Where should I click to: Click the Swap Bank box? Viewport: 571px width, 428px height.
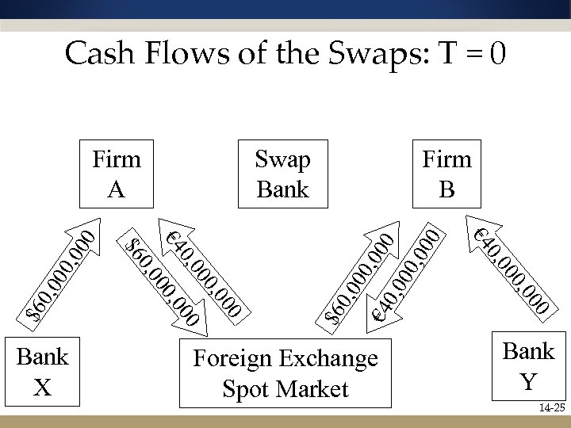coord(283,174)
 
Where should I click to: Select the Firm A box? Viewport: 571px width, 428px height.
coord(117,174)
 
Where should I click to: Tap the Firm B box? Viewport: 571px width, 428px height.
coord(447,174)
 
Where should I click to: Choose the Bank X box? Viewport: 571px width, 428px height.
coord(44,371)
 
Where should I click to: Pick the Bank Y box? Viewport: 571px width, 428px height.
coord(528,365)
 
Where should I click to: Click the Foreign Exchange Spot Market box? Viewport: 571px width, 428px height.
coord(285,373)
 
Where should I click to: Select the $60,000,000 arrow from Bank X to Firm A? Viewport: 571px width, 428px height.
coord(62,273)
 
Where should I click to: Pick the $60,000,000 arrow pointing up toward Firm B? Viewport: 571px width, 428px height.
coord(362,274)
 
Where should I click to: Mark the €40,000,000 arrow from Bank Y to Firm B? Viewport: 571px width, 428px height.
coord(508,266)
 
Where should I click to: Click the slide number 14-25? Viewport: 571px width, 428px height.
coord(550,408)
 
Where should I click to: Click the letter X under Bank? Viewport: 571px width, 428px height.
coord(44,387)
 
